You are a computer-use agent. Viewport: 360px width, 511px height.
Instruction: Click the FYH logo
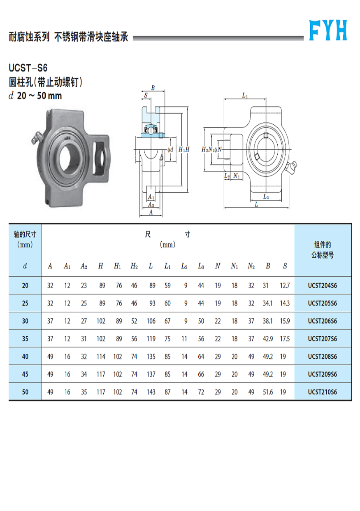[x=328, y=30]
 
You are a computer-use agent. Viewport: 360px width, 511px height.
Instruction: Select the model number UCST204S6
[x=323, y=285]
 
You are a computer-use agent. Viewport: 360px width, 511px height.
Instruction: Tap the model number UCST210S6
[x=323, y=392]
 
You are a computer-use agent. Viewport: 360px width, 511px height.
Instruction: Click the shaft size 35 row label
[x=25, y=338]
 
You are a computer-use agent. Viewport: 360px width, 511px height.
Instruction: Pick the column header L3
[x=201, y=266]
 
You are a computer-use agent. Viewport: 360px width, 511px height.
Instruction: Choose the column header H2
[x=134, y=266]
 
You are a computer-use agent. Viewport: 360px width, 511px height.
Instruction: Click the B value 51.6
[x=268, y=392]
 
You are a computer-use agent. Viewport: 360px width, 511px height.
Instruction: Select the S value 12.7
[x=285, y=285]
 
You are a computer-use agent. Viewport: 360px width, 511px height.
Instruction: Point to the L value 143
[x=151, y=392]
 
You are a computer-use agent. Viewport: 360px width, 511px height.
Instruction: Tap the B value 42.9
[x=268, y=338]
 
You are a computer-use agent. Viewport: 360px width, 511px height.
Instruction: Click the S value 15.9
[x=285, y=321]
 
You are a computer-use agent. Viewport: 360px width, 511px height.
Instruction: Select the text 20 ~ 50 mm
[x=39, y=96]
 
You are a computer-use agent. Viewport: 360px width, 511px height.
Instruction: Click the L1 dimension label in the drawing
[x=245, y=96]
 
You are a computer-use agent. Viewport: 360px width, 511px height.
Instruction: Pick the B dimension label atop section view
[x=153, y=87]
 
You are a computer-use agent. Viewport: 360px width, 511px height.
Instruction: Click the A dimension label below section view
[x=151, y=212]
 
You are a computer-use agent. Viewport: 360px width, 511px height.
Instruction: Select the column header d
[x=25, y=266]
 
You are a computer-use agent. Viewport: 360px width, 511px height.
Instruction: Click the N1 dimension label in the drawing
[x=236, y=176]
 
